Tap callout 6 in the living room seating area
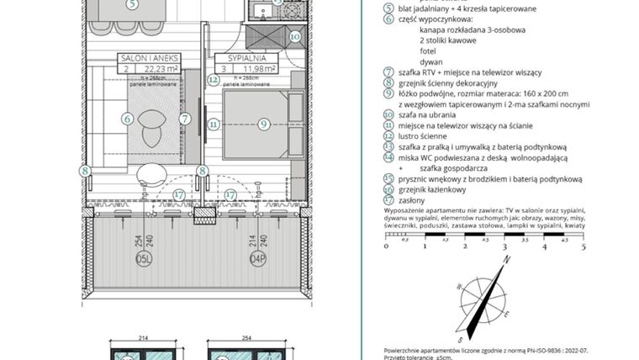[128, 120]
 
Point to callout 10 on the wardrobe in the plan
[294, 36]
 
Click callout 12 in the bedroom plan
[214, 81]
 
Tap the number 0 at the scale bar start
[386, 247]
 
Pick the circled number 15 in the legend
[388, 178]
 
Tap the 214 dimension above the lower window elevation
[143, 337]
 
